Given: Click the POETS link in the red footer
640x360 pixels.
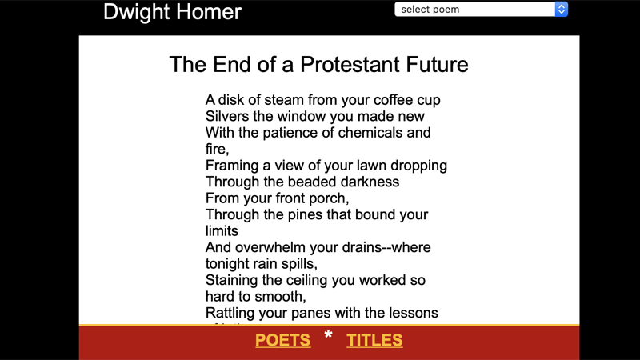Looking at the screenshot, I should (x=282, y=340).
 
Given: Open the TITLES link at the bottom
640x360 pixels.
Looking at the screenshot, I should (x=374, y=340).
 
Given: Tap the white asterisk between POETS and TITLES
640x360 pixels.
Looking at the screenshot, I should (x=328, y=336).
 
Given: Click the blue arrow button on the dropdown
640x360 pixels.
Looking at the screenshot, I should (x=562, y=10).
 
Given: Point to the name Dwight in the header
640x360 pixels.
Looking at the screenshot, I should (x=137, y=12).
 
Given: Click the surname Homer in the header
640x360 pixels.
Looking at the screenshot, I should (x=210, y=12).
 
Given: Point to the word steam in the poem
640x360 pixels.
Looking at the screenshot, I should (x=285, y=100).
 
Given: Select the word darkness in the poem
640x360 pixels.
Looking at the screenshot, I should (x=366, y=182).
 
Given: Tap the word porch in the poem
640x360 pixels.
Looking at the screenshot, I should (x=330, y=198).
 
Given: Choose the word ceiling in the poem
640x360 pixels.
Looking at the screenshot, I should (x=323, y=280).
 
